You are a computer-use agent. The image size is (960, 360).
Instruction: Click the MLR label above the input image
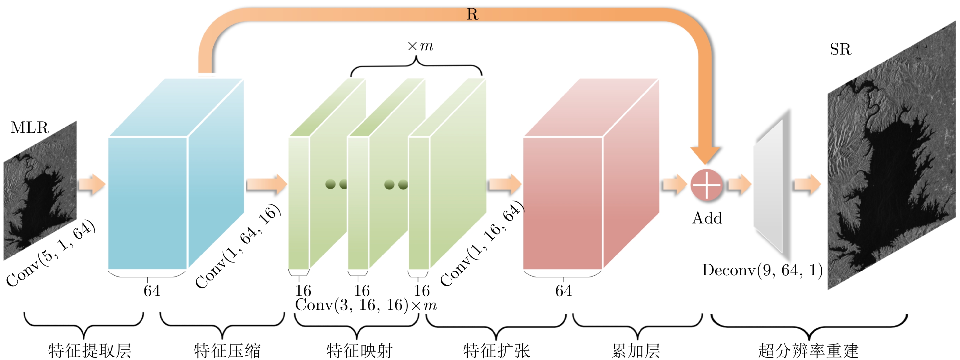click(x=30, y=128)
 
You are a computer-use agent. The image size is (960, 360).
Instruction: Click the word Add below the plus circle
click(x=707, y=218)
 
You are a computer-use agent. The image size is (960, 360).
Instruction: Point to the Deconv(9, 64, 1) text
click(x=762, y=270)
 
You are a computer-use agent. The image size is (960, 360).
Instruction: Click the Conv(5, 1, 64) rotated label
click(x=51, y=253)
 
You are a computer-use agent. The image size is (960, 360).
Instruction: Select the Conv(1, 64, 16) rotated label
click(x=238, y=246)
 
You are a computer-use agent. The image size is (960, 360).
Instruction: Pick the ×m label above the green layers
click(x=420, y=46)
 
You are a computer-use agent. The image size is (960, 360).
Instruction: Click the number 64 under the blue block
click(x=152, y=291)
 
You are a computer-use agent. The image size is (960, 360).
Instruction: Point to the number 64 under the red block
click(x=563, y=291)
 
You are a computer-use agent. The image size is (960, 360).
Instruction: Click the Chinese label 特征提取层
click(x=90, y=350)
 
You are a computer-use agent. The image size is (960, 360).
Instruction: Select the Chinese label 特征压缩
click(x=227, y=350)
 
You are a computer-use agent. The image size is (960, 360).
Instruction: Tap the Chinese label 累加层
click(x=636, y=350)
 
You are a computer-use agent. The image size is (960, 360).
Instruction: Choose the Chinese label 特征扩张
click(x=496, y=350)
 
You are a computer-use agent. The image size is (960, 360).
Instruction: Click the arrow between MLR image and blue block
click(x=92, y=184)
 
